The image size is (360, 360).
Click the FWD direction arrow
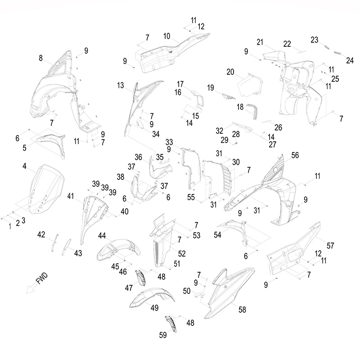click(x=32, y=288)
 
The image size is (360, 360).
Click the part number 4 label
click(x=25, y=166)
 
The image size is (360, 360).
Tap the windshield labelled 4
click(x=45, y=189)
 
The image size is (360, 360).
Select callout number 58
click(x=242, y=310)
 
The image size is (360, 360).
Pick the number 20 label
click(x=230, y=72)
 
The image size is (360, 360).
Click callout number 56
click(x=295, y=155)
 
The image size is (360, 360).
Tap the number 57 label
click(x=330, y=245)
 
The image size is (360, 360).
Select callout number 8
click(x=41, y=58)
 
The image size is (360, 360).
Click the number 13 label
click(x=121, y=85)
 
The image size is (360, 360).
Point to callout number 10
click(x=166, y=36)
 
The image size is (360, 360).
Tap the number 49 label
click(x=154, y=308)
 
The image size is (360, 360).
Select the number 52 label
click(x=182, y=253)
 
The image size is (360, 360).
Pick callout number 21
click(x=260, y=42)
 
